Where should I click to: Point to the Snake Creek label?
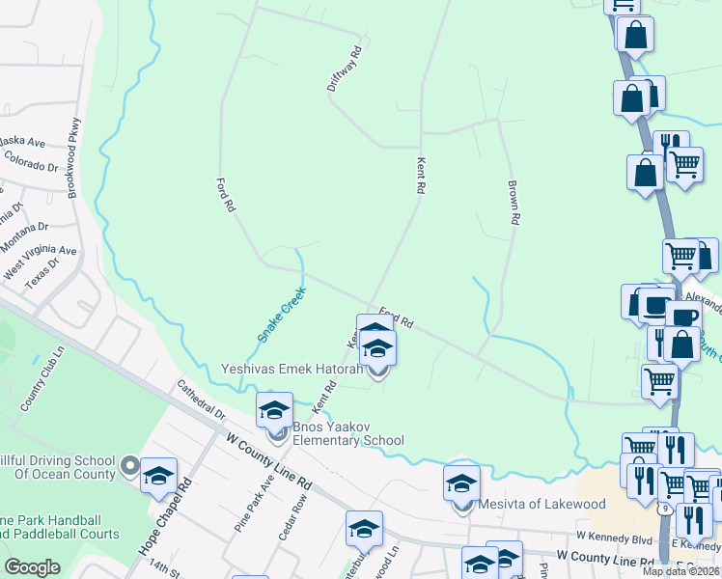281,313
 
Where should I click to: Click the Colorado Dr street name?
31,160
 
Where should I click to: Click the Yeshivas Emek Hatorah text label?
292,369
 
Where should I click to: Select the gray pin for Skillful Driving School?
127,469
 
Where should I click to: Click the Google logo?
33,567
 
